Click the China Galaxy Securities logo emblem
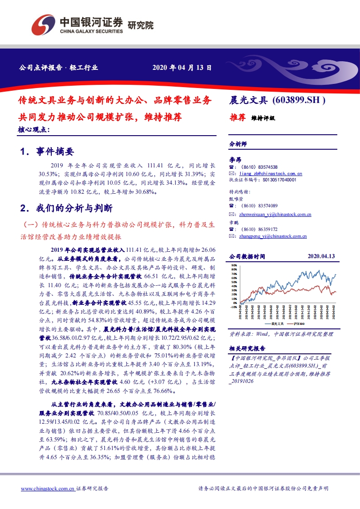44,24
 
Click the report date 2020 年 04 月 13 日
182,69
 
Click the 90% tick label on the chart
234,264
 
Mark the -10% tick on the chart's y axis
233,307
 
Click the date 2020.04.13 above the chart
321,257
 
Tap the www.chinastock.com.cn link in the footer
48,489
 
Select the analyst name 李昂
234,160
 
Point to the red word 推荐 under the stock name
237,117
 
